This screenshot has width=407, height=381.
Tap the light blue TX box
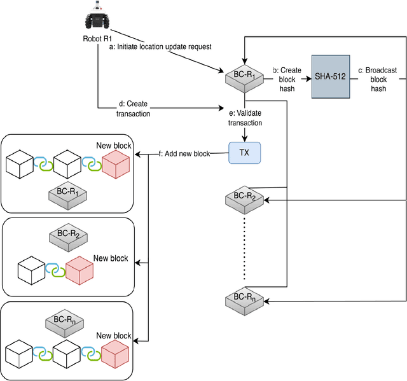[x=245, y=153]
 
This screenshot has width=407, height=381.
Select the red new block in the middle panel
[x=79, y=270]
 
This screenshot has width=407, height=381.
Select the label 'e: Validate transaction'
[x=245, y=118]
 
